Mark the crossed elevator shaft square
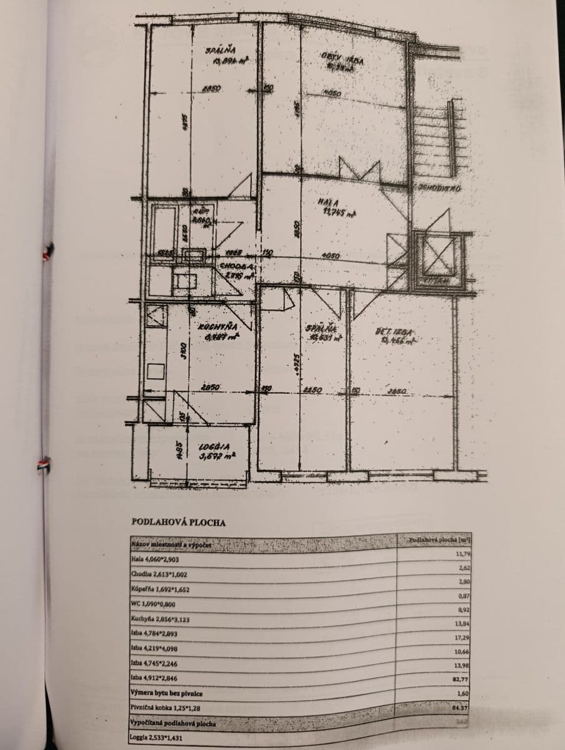pos(438,256)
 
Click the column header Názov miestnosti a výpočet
pos(172,546)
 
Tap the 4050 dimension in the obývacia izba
pos(332,94)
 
